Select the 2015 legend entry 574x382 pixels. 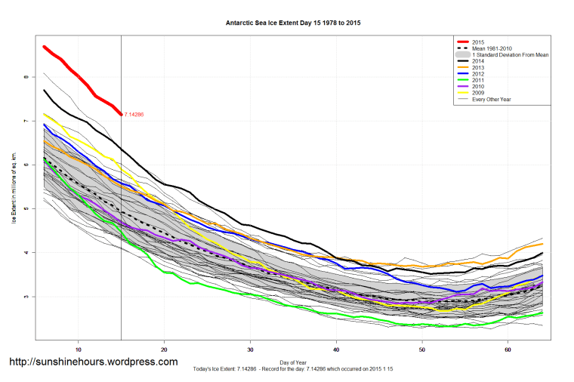tap(477, 42)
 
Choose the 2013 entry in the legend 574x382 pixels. tap(477, 68)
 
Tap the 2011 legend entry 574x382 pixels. tap(477, 81)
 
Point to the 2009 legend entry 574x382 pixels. tap(477, 94)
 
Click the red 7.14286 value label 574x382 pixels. tap(134, 115)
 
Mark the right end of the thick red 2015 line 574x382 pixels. tap(121, 114)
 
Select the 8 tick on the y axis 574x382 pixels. tap(26, 77)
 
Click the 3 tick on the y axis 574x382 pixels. tap(26, 297)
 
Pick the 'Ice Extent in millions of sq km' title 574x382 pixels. tap(13, 188)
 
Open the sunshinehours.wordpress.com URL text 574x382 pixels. tap(93, 362)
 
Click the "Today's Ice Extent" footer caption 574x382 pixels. tap(293, 368)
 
